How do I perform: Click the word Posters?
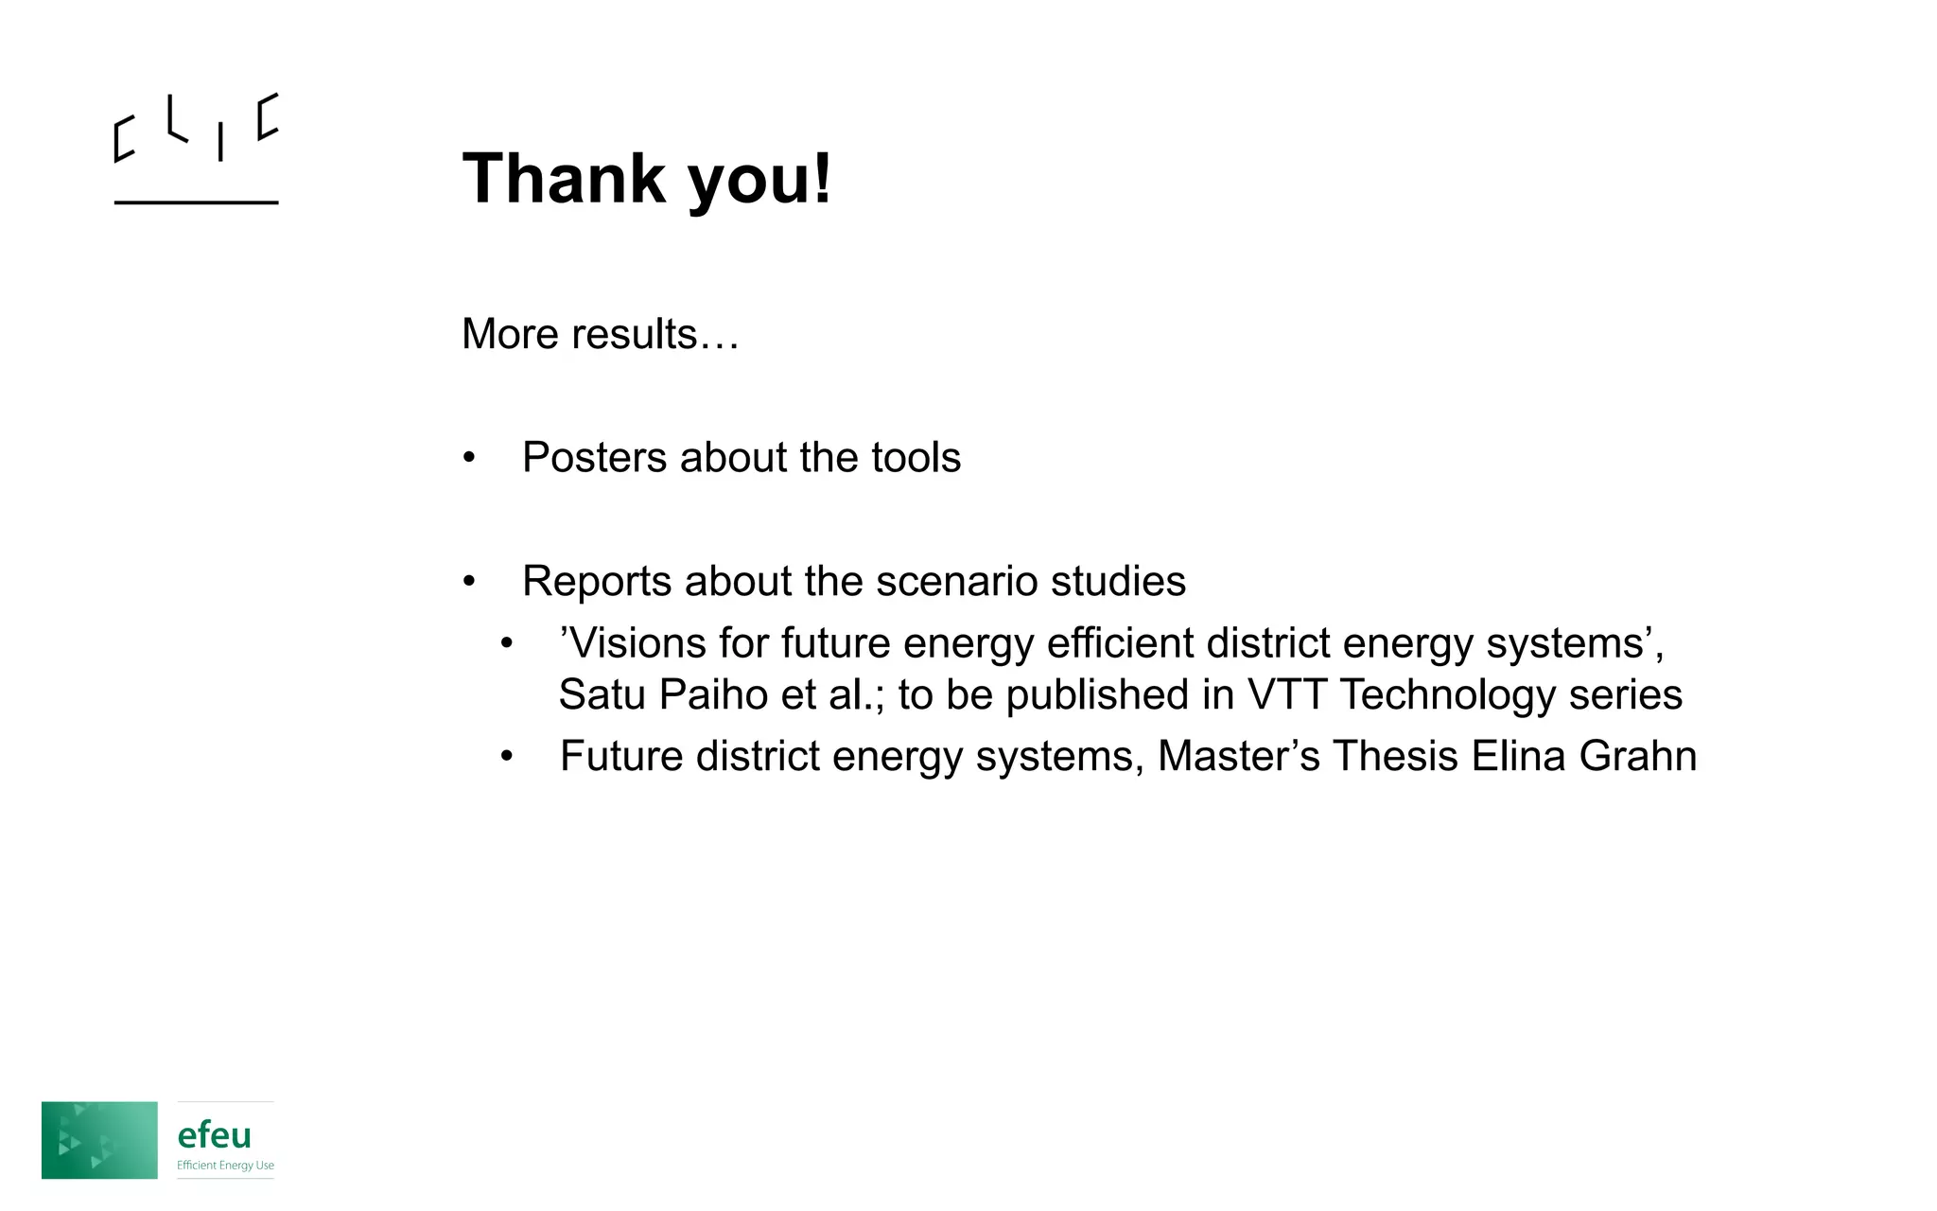594,457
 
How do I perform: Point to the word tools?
916,457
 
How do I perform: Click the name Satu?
602,694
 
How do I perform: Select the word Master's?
1239,756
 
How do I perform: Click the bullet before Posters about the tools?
469,459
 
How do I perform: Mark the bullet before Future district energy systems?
507,757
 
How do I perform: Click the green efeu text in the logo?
215,1134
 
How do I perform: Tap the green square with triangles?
99,1140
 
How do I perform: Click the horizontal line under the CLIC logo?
196,202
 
